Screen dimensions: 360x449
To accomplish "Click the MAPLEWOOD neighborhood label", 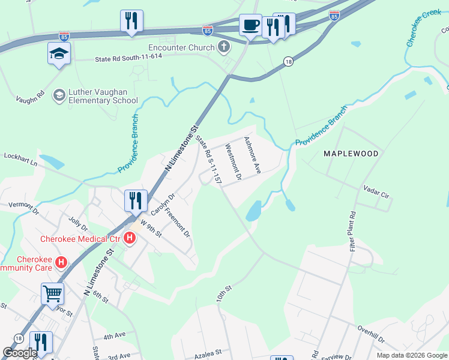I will (351, 154).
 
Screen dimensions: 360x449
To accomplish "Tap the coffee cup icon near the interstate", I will (250, 25).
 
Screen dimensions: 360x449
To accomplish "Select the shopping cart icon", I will (52, 294).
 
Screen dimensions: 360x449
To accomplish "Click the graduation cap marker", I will (59, 53).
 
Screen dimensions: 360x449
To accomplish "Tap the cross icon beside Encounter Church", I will (223, 47).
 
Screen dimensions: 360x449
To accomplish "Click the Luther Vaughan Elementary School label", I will (95, 96).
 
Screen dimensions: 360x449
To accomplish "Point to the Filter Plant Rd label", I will (353, 230).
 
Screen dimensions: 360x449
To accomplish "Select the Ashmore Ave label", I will (252, 155).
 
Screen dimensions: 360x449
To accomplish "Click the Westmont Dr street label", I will (232, 162).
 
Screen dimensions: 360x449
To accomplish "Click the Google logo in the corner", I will (20, 353).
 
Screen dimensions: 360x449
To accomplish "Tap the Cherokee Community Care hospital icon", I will (60, 262).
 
